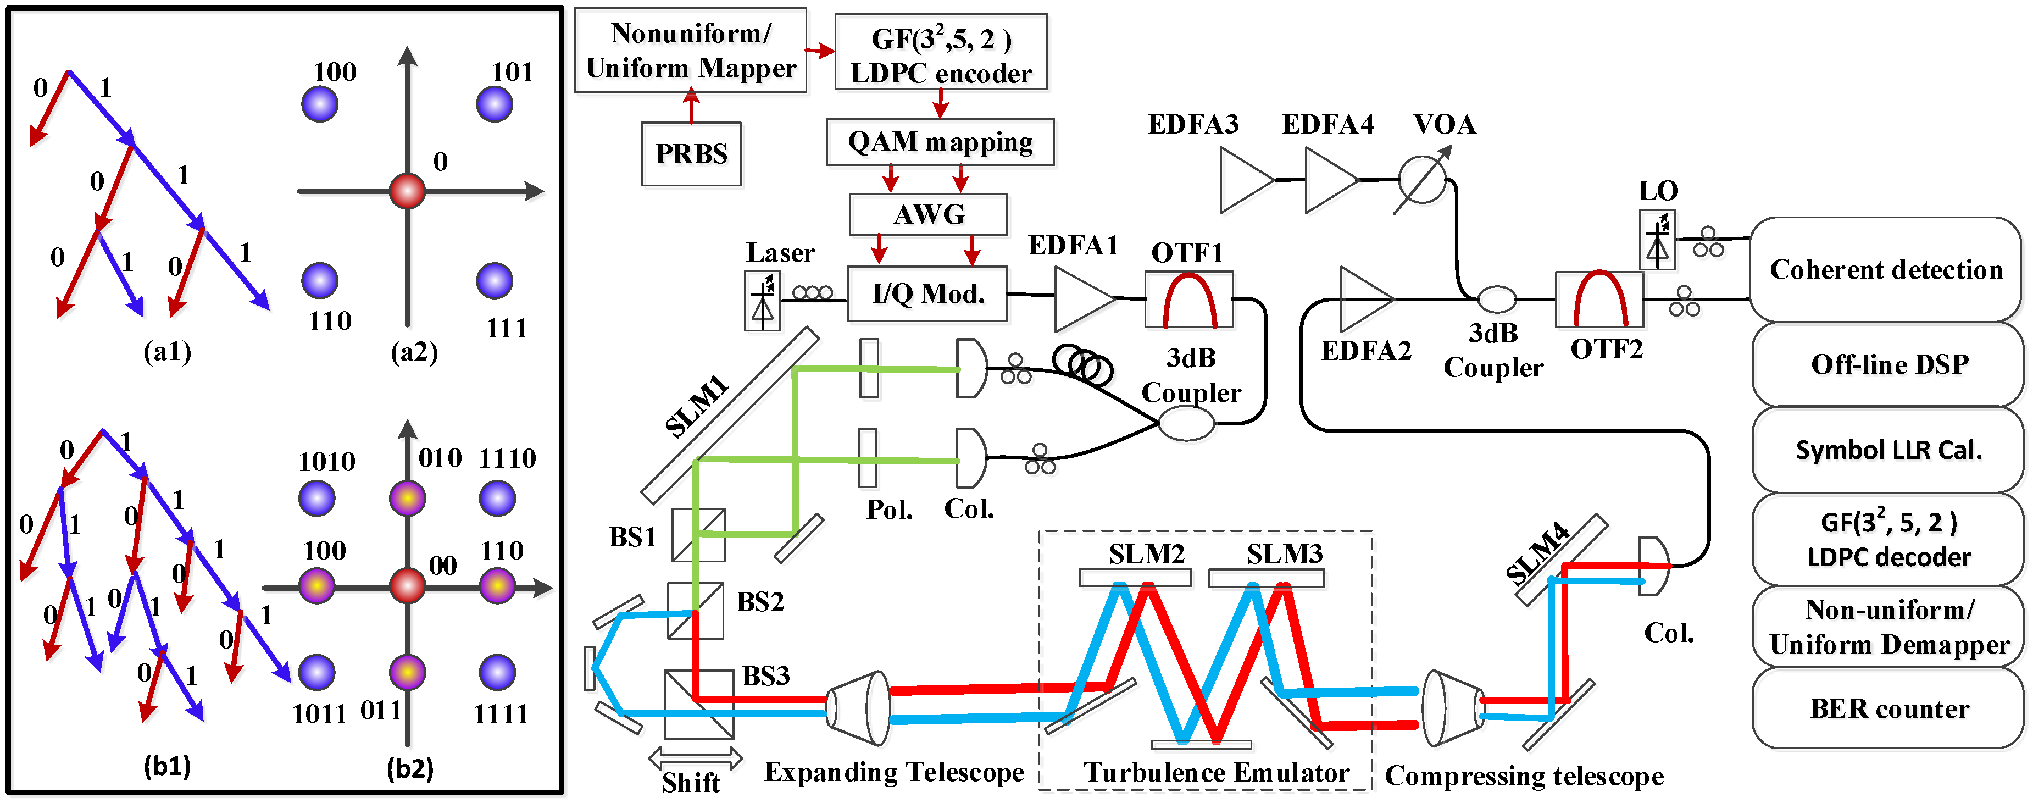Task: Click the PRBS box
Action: tap(691, 153)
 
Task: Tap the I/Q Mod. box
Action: tap(927, 293)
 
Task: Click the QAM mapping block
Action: tap(940, 142)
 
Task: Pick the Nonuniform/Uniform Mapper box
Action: tap(691, 51)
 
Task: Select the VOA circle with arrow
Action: tap(1422, 180)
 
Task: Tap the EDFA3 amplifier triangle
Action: tap(1247, 181)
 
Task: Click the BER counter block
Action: tap(1888, 708)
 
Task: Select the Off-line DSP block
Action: tap(1888, 364)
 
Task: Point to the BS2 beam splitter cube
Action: tap(695, 610)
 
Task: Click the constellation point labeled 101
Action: tap(495, 104)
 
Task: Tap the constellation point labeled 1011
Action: tap(317, 673)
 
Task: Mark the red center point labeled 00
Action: tap(407, 586)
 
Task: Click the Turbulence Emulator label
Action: tap(1216, 772)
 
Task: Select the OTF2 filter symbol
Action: tap(1599, 299)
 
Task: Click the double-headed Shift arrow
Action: tap(695, 759)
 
